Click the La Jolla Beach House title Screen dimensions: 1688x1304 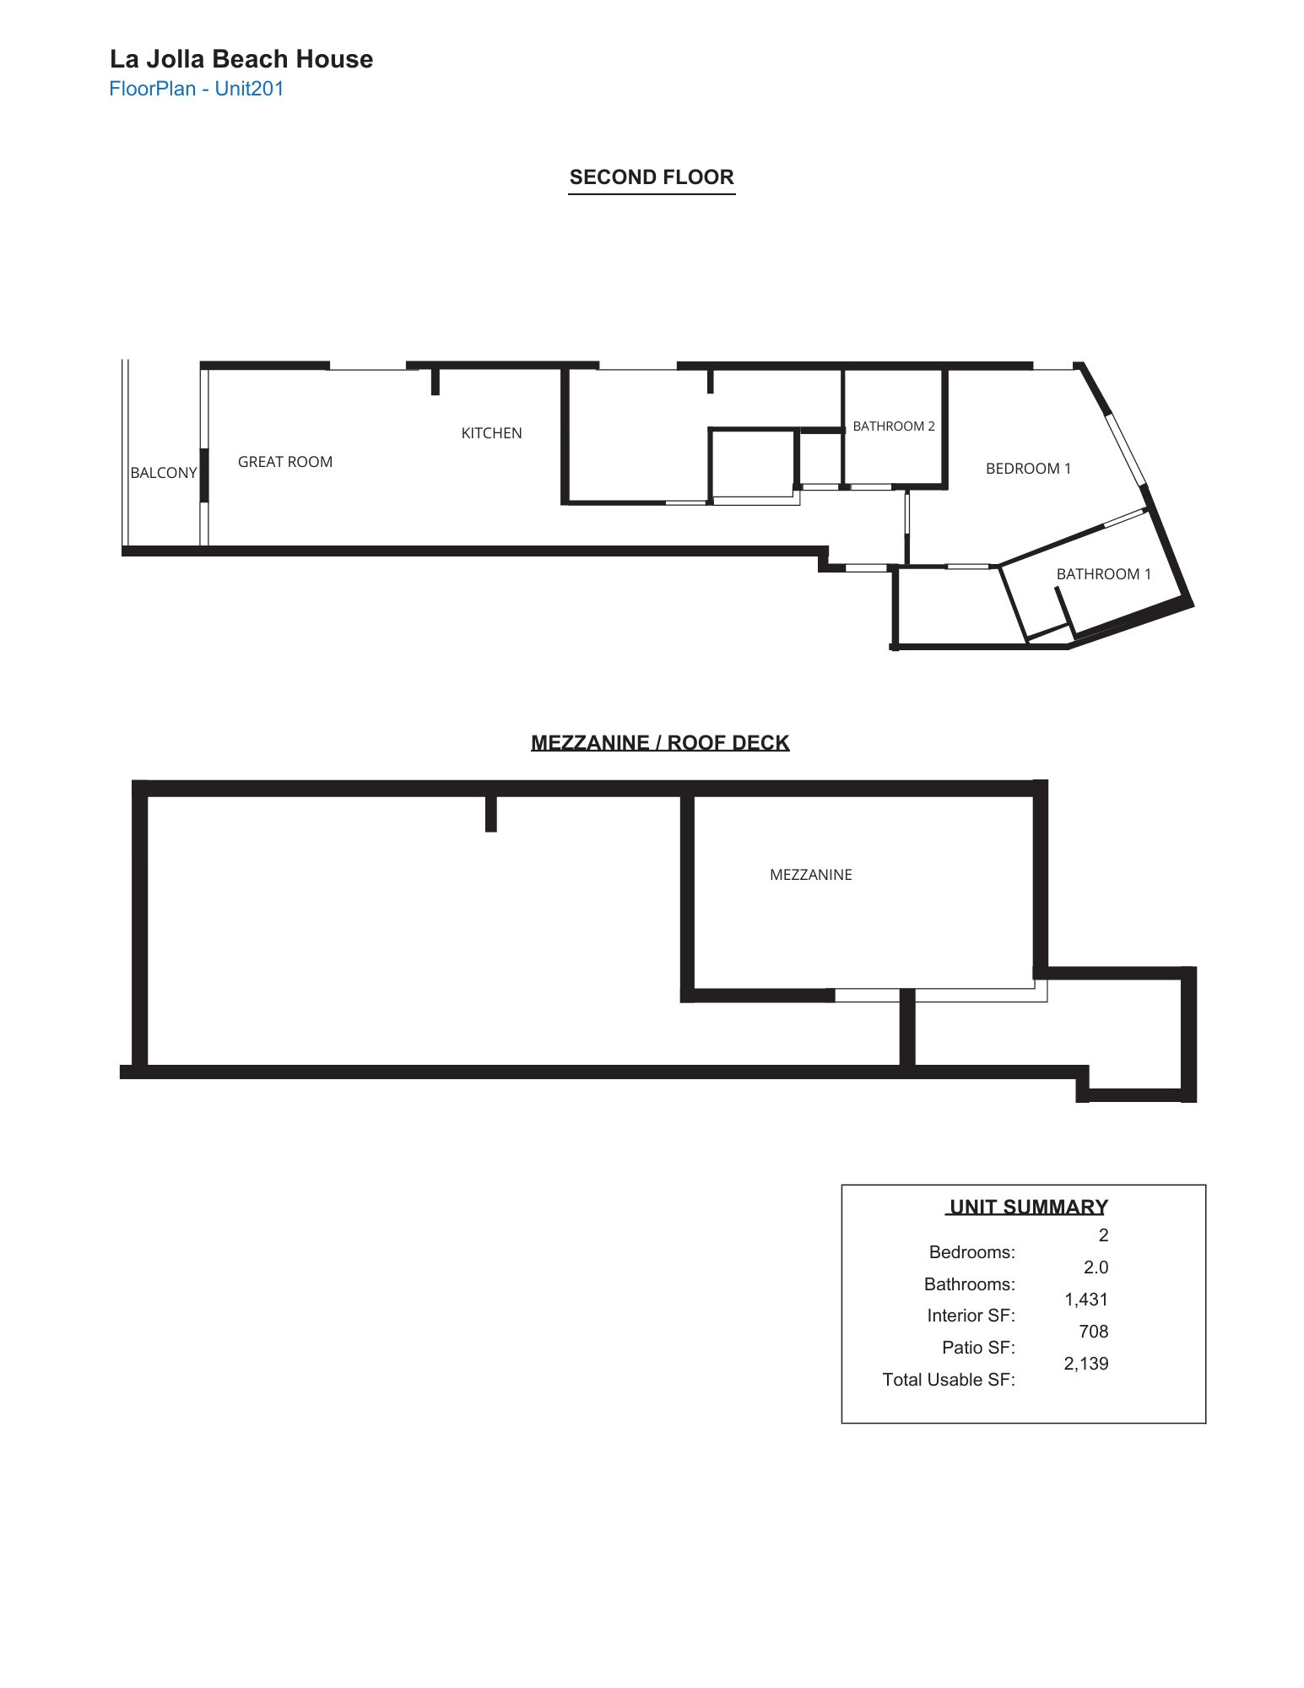pos(241,59)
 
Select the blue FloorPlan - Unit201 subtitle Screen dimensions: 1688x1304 pos(197,89)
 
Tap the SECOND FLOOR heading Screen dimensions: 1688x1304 pos(652,177)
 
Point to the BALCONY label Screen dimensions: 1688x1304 pos(164,473)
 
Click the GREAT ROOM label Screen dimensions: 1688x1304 pos(285,462)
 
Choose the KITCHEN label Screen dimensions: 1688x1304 pos(491,433)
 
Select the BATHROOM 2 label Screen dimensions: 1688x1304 pos(894,426)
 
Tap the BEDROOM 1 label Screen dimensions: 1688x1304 pos(1028,469)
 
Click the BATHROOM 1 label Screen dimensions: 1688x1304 pos(1103,574)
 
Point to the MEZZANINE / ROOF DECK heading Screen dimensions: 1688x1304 pos(660,743)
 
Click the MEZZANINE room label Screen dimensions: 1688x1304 pos(811,875)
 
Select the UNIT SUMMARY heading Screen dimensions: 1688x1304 pos(1028,1207)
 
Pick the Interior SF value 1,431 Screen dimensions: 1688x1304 pos(1086,1300)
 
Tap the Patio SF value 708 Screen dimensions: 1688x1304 pos(1093,1332)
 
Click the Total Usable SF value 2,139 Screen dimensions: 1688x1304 pos(1086,1364)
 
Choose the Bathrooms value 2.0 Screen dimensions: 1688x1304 pos(1096,1267)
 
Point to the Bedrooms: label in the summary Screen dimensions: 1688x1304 pos(971,1252)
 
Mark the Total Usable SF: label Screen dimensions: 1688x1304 pos(949,1380)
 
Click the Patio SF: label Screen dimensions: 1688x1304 pos(978,1348)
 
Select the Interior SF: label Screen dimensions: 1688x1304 pos(971,1316)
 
